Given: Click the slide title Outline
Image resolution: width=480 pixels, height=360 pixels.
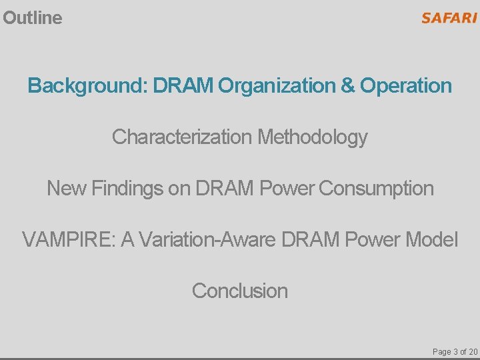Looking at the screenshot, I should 32,18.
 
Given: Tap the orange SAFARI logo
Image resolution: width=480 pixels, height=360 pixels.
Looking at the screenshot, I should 449,18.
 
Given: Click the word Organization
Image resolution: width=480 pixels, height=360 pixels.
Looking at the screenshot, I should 285,86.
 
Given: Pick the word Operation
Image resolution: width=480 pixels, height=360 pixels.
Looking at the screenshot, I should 406,86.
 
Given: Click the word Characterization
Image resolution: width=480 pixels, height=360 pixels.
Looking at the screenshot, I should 181,137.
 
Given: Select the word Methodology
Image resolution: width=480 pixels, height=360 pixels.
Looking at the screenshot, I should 312,137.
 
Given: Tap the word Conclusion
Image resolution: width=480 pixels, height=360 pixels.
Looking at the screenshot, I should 240,291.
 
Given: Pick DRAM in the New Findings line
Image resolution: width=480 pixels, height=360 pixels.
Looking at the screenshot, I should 225,189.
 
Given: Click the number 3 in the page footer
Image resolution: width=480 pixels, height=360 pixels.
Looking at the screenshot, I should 455,351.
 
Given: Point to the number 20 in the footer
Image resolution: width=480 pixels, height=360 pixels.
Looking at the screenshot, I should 472,351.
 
